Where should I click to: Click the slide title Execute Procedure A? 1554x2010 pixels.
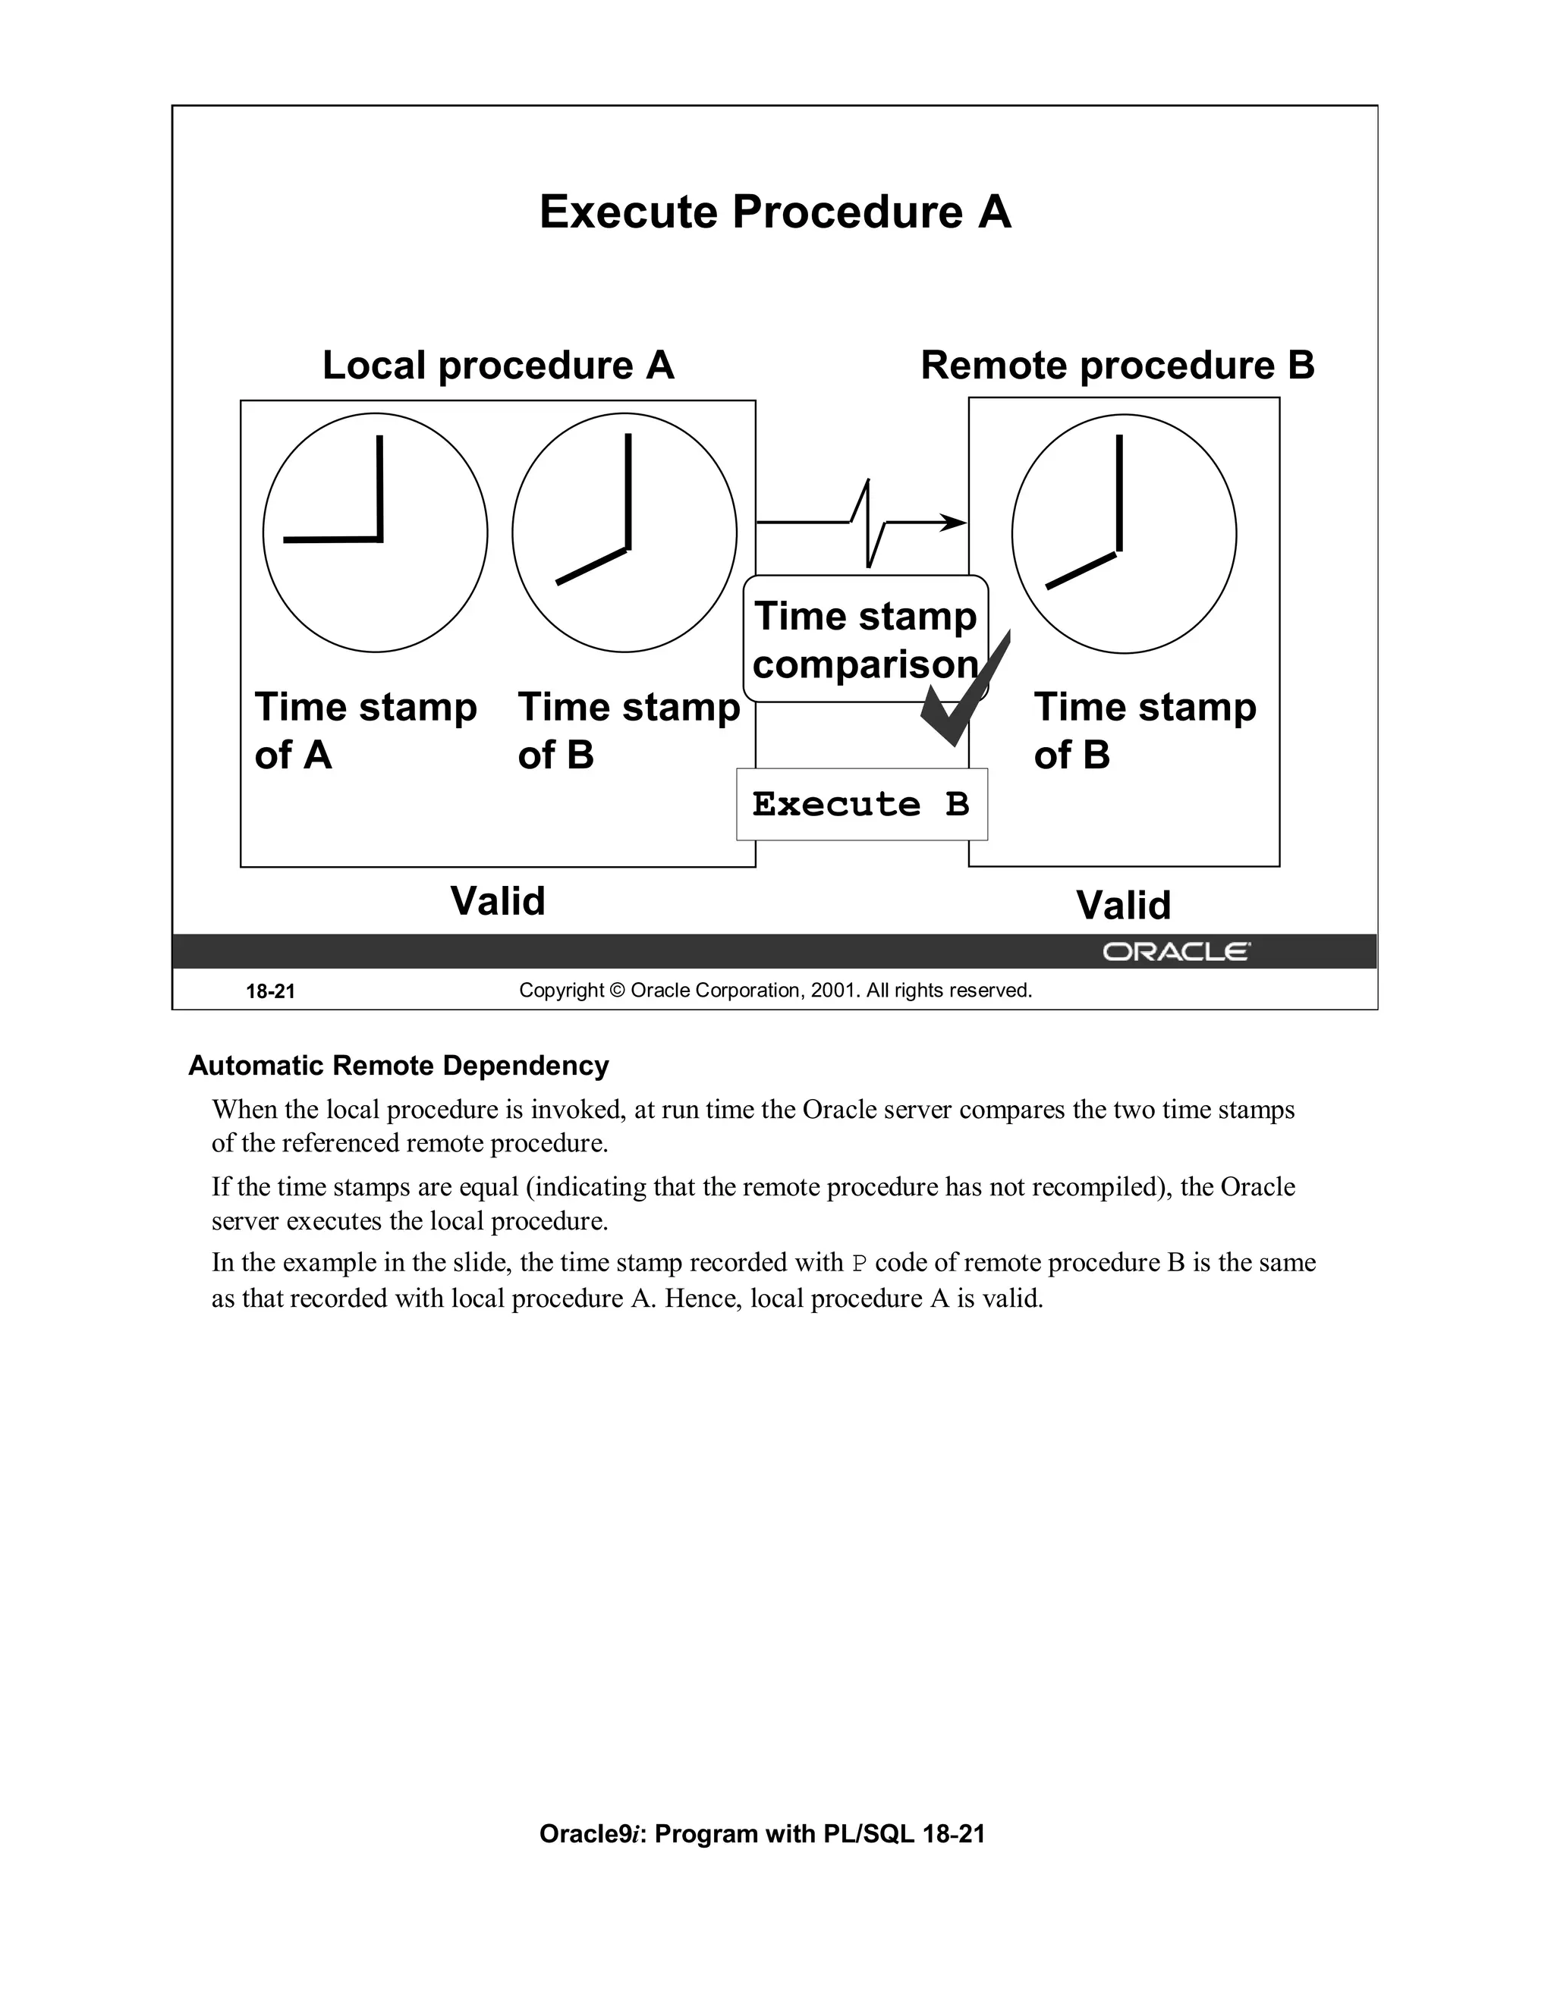pos(775,212)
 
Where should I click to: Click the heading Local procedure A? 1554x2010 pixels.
pos(498,366)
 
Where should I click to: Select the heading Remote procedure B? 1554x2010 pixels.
pos(1117,366)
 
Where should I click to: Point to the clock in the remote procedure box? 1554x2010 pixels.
pos(1123,534)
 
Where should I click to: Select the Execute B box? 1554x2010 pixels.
pos(862,804)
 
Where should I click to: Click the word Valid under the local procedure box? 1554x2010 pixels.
pos(497,901)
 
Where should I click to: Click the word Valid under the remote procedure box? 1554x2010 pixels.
pos(1123,906)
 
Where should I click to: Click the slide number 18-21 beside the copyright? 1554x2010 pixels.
pos(269,991)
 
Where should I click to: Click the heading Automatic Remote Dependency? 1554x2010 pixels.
pos(398,1066)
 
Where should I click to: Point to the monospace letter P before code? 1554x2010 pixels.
pos(859,1264)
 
